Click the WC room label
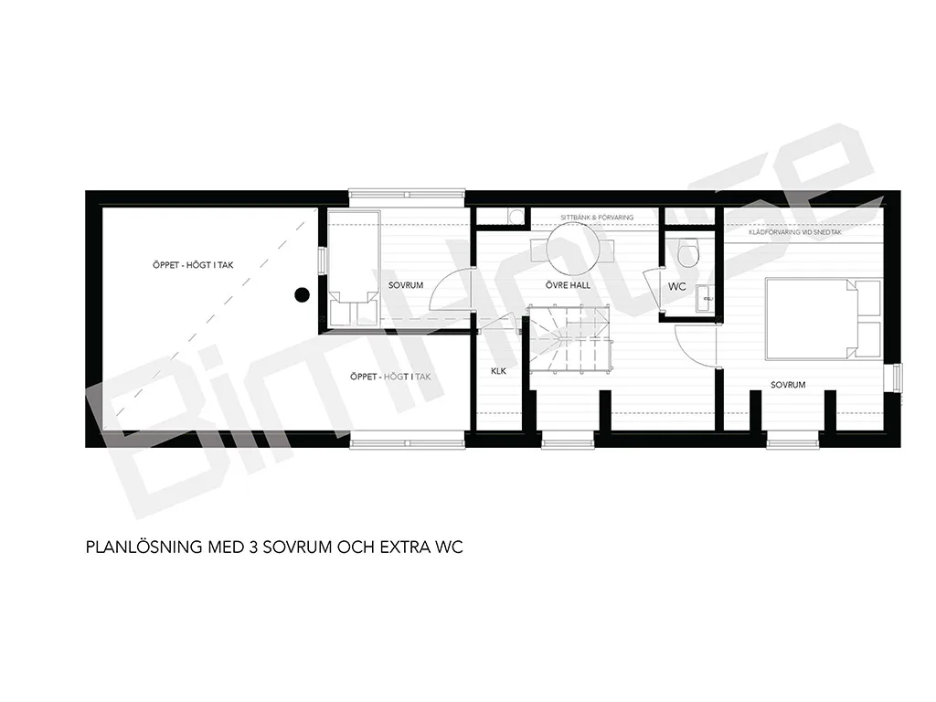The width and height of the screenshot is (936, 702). pos(677,286)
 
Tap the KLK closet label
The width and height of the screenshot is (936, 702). pos(498,371)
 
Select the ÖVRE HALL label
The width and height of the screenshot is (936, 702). pos(568,285)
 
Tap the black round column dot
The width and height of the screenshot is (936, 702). pos(302,294)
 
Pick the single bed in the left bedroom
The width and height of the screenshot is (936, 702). pos(354,268)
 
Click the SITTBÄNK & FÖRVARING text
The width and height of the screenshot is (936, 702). pos(597,218)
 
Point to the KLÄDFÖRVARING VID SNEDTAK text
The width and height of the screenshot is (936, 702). pos(795,232)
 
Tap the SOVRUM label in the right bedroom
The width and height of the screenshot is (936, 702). pos(788,385)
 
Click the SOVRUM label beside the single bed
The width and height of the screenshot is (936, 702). pos(406,285)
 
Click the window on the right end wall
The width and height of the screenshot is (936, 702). pos(898,378)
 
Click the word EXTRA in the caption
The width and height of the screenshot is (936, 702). pos(407,547)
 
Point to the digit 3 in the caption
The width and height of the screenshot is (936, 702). pos(252,547)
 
